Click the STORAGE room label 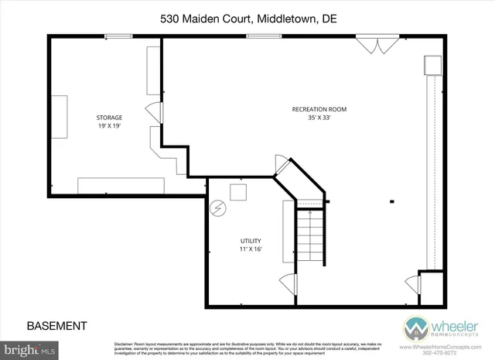coord(108,118)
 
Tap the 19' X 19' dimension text coord(108,126)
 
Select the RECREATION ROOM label coord(319,110)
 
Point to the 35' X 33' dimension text coord(319,118)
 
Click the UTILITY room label coord(251,241)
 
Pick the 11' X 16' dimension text coord(251,249)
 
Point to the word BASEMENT coord(56,326)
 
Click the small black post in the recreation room coord(391,202)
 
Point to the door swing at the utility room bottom coord(287,285)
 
